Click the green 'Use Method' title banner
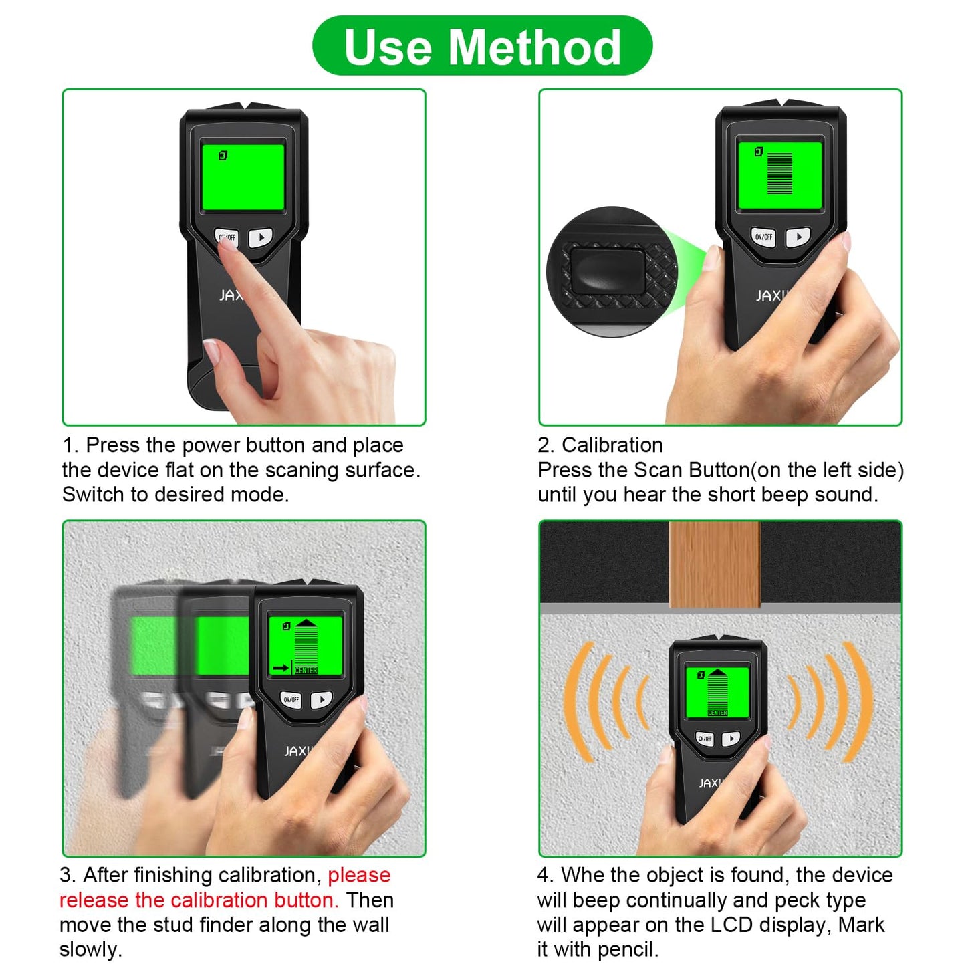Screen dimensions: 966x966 tap(482, 47)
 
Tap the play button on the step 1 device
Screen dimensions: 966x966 tap(261, 237)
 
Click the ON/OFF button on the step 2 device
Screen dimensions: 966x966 tap(763, 237)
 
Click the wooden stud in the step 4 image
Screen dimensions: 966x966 tap(715, 565)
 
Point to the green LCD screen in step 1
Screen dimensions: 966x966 tap(243, 178)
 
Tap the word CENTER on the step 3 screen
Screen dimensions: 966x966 tap(306, 670)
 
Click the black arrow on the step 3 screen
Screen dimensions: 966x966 tap(281, 667)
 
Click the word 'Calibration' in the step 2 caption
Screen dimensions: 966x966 tap(612, 445)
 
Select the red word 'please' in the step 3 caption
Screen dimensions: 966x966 tap(359, 875)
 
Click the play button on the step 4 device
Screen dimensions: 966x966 tap(731, 738)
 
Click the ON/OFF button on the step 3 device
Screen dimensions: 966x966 tap(291, 700)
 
